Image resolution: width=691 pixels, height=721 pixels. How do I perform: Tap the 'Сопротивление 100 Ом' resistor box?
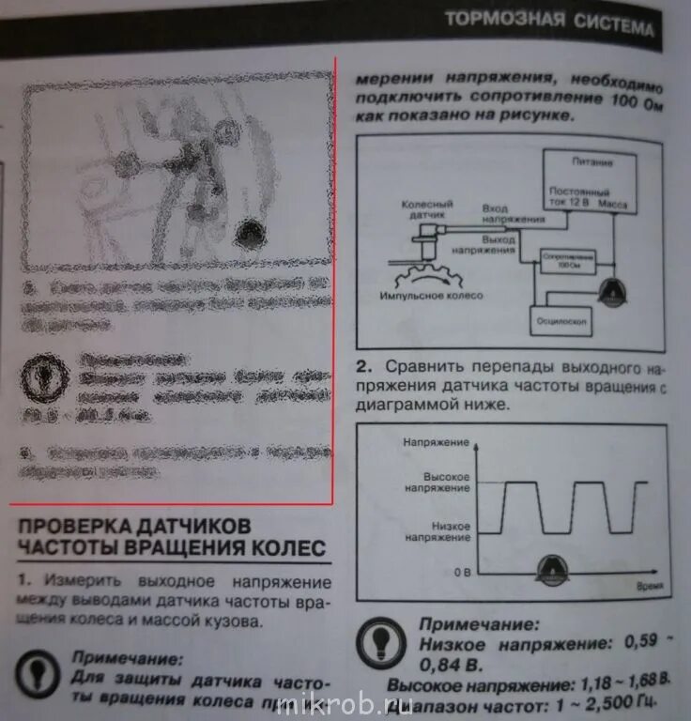563,261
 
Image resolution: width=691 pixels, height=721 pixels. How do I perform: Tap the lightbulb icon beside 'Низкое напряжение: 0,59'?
381,642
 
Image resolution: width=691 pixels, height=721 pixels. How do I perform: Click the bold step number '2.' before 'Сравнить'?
364,365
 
